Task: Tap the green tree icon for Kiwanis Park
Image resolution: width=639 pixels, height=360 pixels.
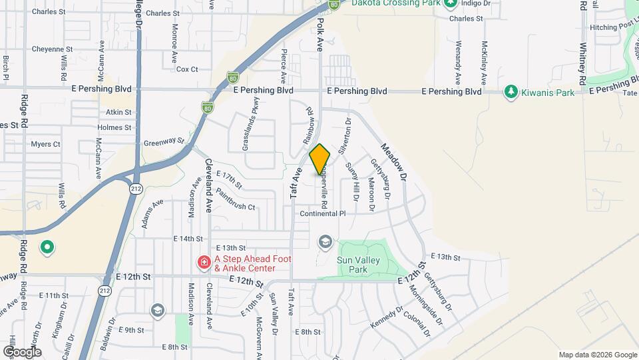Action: pos(511,91)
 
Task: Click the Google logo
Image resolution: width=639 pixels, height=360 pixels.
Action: pos(22,351)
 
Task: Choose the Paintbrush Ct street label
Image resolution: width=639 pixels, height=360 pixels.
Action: pos(236,207)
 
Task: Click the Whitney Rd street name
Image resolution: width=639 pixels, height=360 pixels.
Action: pos(582,64)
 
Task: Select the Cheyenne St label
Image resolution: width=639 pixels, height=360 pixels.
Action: pos(52,49)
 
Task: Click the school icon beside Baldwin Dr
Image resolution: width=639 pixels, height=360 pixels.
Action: pos(157,310)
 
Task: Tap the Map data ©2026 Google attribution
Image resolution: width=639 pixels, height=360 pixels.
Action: pos(597,355)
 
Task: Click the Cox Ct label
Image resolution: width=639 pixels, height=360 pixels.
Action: pos(187,69)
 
